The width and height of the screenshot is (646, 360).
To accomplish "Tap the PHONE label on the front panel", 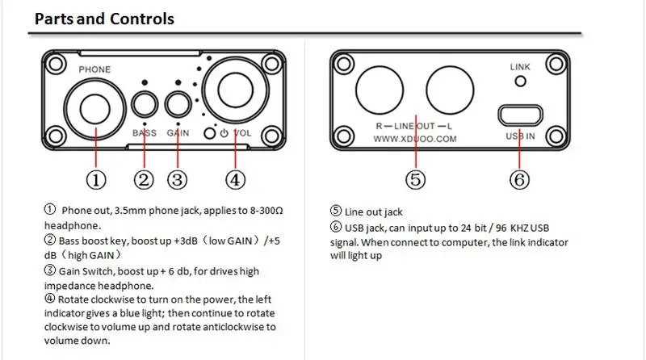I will pos(94,70).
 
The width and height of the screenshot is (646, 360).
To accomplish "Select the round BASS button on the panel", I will pos(145,104).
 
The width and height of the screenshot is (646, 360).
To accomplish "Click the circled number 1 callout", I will pos(95,180).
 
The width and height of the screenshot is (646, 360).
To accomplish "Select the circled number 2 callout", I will pos(144,180).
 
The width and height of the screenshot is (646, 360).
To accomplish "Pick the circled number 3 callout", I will pos(178,180).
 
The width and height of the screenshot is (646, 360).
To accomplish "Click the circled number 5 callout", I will pos(416,180).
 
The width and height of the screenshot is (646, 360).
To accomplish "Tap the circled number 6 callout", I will pos(521,180).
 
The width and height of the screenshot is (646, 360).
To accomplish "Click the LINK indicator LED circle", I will pos(521,81).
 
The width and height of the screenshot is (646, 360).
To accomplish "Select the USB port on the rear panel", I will pos(521,115).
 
